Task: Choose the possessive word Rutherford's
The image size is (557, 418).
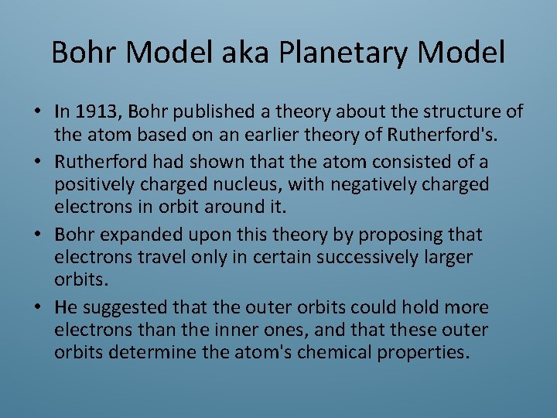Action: (439, 134)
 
